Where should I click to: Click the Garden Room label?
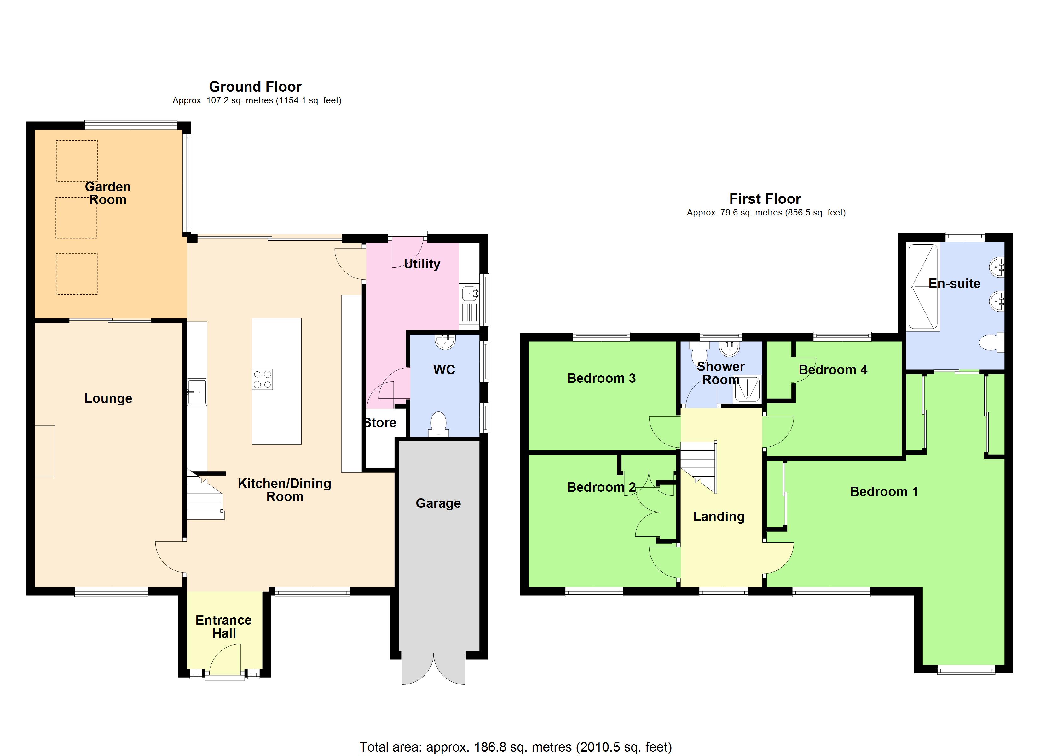point(108,193)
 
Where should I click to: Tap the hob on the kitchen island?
point(262,380)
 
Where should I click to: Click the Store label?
point(380,423)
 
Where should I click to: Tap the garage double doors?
point(433,669)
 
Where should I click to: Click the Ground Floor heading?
point(255,87)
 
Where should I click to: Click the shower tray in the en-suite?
point(923,287)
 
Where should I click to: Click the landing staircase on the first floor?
point(698,465)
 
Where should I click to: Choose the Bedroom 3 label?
point(601,378)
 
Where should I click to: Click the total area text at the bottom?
point(515,747)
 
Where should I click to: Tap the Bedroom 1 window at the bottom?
point(966,671)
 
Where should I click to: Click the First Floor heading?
point(765,199)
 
